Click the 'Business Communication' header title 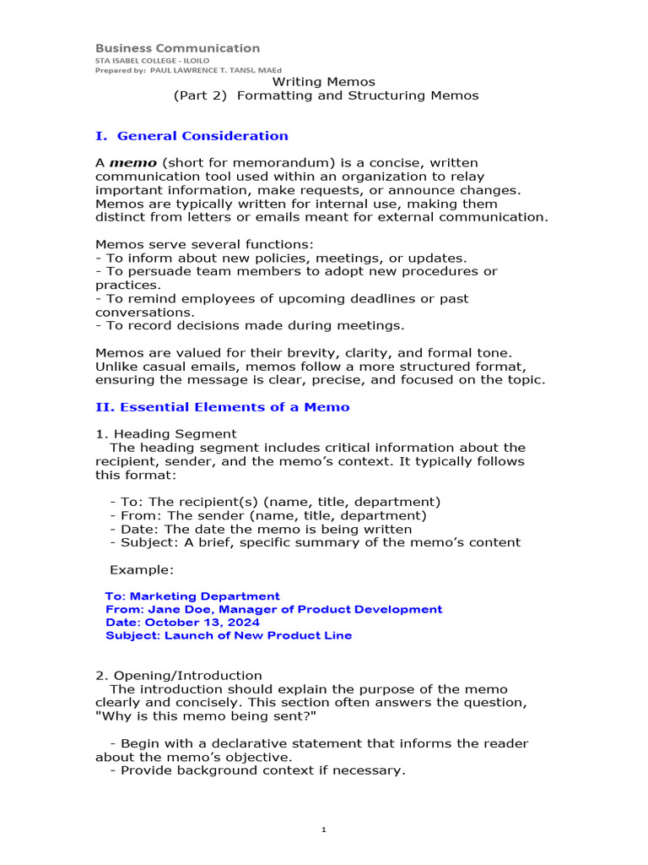click(177, 48)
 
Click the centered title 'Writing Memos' click(325, 82)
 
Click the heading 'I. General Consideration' click(192, 136)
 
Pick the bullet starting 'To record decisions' click(250, 325)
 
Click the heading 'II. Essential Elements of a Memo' click(222, 407)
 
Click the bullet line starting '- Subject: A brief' click(315, 542)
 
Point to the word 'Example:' click(142, 569)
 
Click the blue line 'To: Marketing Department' click(192, 596)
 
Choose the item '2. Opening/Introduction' click(178, 676)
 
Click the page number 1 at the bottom click(324, 830)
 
